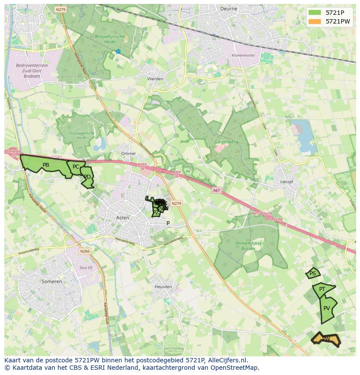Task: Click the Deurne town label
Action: click(229, 8)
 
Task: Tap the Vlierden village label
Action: click(155, 79)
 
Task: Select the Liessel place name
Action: click(287, 182)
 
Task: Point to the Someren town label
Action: click(52, 281)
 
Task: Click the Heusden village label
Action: click(163, 287)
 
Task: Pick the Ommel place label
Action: click(128, 154)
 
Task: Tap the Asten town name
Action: click(123, 218)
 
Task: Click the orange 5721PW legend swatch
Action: click(314, 21)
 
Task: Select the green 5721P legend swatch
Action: click(314, 13)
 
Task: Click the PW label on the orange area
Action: click(326, 338)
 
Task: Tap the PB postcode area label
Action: click(46, 165)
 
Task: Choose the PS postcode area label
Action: click(313, 274)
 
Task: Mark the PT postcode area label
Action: click(322, 289)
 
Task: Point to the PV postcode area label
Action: click(327, 308)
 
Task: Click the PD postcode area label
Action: click(87, 177)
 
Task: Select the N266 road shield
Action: click(85, 251)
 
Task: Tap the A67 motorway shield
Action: click(217, 190)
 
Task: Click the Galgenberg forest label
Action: click(226, 142)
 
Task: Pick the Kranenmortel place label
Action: click(243, 55)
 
